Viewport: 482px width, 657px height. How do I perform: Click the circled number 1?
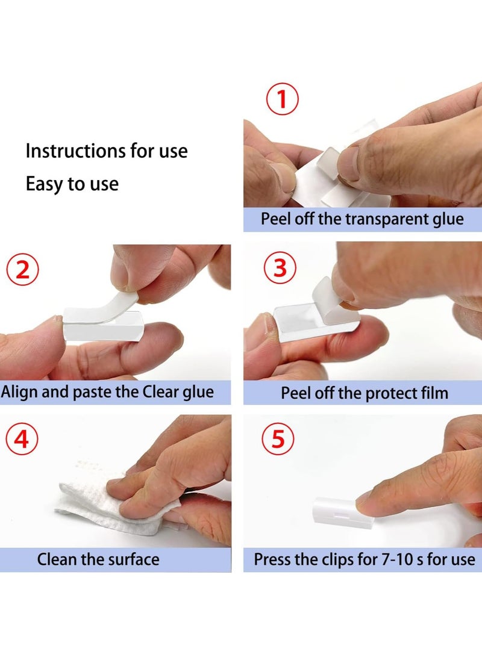coord(283,99)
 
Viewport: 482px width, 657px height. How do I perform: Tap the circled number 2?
coord(23,270)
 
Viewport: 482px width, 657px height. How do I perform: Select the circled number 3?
coord(280,268)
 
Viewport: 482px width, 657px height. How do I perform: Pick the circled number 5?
coord(278,438)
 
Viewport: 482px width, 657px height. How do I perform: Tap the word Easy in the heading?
coord(44,184)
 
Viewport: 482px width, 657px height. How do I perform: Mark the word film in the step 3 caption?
coord(435,393)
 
